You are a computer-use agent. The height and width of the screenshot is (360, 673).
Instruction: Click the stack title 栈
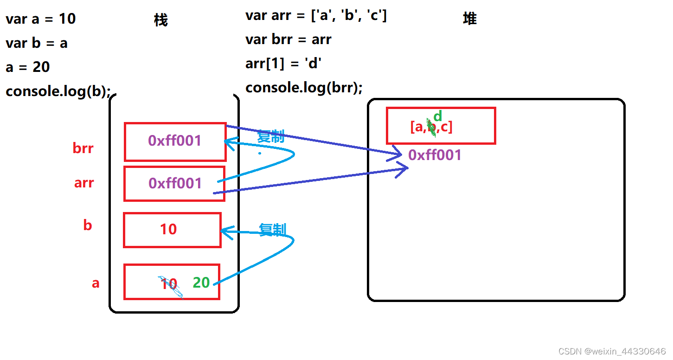click(160, 20)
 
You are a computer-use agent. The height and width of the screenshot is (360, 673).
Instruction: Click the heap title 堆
click(469, 19)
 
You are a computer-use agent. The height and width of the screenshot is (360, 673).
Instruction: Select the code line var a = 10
click(41, 19)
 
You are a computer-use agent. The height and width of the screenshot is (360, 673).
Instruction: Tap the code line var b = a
click(37, 43)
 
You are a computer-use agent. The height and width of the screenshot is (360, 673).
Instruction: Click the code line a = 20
click(28, 67)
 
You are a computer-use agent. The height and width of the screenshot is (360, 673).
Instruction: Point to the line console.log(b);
click(58, 91)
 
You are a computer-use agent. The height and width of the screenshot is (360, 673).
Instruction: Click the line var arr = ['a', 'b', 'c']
click(316, 15)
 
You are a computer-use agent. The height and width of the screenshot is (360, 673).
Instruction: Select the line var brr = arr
click(288, 39)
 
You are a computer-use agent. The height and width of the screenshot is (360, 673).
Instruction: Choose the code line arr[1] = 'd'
click(283, 63)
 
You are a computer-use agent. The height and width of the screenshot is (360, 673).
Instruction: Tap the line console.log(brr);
click(304, 87)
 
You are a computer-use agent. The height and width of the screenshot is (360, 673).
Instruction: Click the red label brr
click(83, 148)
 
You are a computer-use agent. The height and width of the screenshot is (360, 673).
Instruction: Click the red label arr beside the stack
click(84, 183)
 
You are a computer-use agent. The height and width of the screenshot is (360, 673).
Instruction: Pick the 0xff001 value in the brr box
click(175, 141)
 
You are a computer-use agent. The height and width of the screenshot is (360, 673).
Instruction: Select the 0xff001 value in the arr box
click(175, 183)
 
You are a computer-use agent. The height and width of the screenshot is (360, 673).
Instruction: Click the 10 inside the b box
click(168, 229)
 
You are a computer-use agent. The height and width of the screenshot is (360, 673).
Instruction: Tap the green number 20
click(201, 283)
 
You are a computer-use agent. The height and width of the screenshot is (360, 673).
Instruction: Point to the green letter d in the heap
click(438, 116)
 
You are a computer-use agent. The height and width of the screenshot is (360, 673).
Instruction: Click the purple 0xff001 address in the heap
click(435, 155)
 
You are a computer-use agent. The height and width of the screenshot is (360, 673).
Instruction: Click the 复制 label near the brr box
click(271, 136)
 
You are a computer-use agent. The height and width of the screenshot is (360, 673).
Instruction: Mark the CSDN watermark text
click(612, 351)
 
